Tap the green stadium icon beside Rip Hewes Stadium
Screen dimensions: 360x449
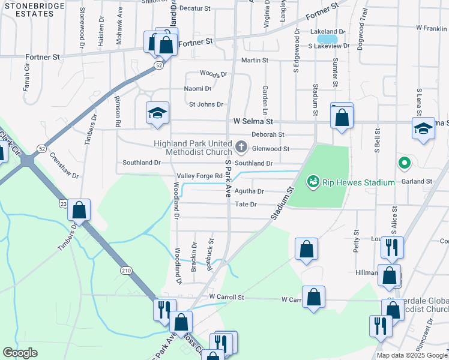point(312,181)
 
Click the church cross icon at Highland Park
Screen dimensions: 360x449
point(241,146)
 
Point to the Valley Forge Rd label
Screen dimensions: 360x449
point(200,176)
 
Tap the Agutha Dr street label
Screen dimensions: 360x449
point(250,191)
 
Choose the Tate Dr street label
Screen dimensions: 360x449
point(246,205)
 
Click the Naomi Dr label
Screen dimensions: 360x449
point(198,88)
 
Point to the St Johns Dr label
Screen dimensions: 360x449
point(206,104)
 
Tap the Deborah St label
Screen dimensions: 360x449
point(268,134)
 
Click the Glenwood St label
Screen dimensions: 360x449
point(271,148)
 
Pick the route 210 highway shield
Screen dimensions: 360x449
point(126,271)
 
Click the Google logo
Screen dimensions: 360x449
point(20,353)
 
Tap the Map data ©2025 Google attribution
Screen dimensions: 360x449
point(411,355)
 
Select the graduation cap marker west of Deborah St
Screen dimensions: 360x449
point(157,113)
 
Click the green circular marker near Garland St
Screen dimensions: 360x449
point(405,163)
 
